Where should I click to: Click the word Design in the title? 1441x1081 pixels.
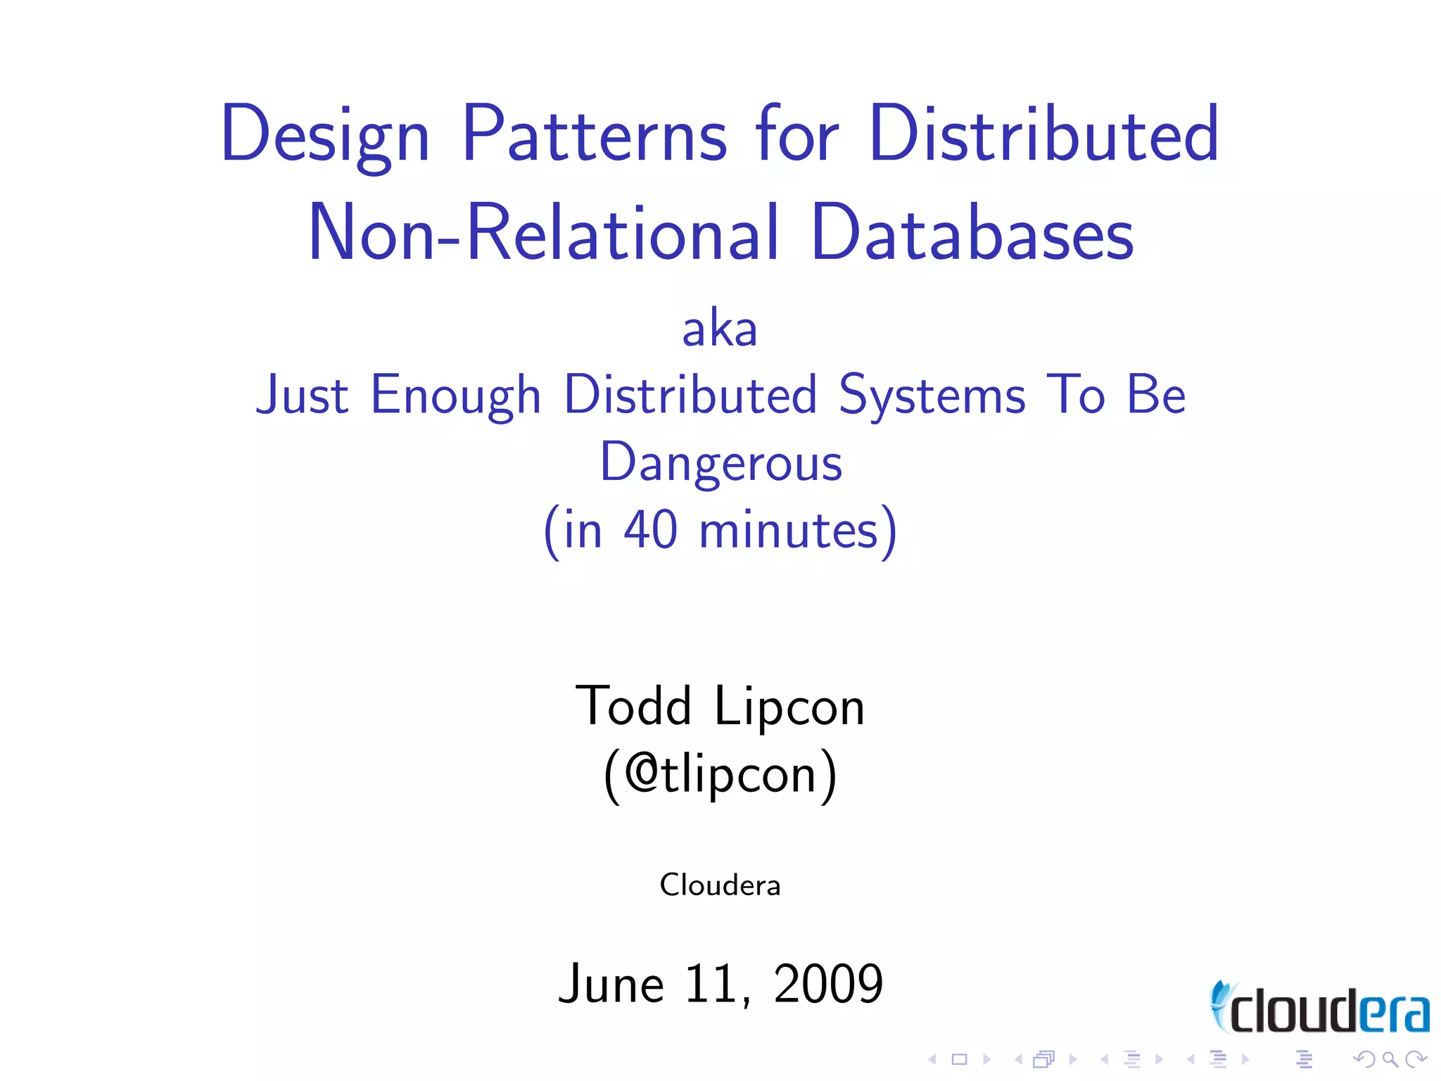click(x=324, y=135)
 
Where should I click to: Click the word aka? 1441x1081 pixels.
click(x=720, y=329)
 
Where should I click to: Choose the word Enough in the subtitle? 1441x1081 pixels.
click(x=455, y=396)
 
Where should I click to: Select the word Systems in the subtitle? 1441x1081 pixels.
click(x=932, y=396)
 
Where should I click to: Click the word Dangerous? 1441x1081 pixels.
click(x=720, y=463)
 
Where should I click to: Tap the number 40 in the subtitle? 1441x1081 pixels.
click(x=651, y=530)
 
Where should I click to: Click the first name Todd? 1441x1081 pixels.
click(x=633, y=706)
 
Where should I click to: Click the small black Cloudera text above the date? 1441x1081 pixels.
click(x=720, y=885)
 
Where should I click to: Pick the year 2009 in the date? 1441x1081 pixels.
click(x=827, y=983)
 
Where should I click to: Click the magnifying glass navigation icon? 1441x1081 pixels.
click(x=1390, y=1059)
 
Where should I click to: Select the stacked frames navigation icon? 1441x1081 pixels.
click(x=1044, y=1059)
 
